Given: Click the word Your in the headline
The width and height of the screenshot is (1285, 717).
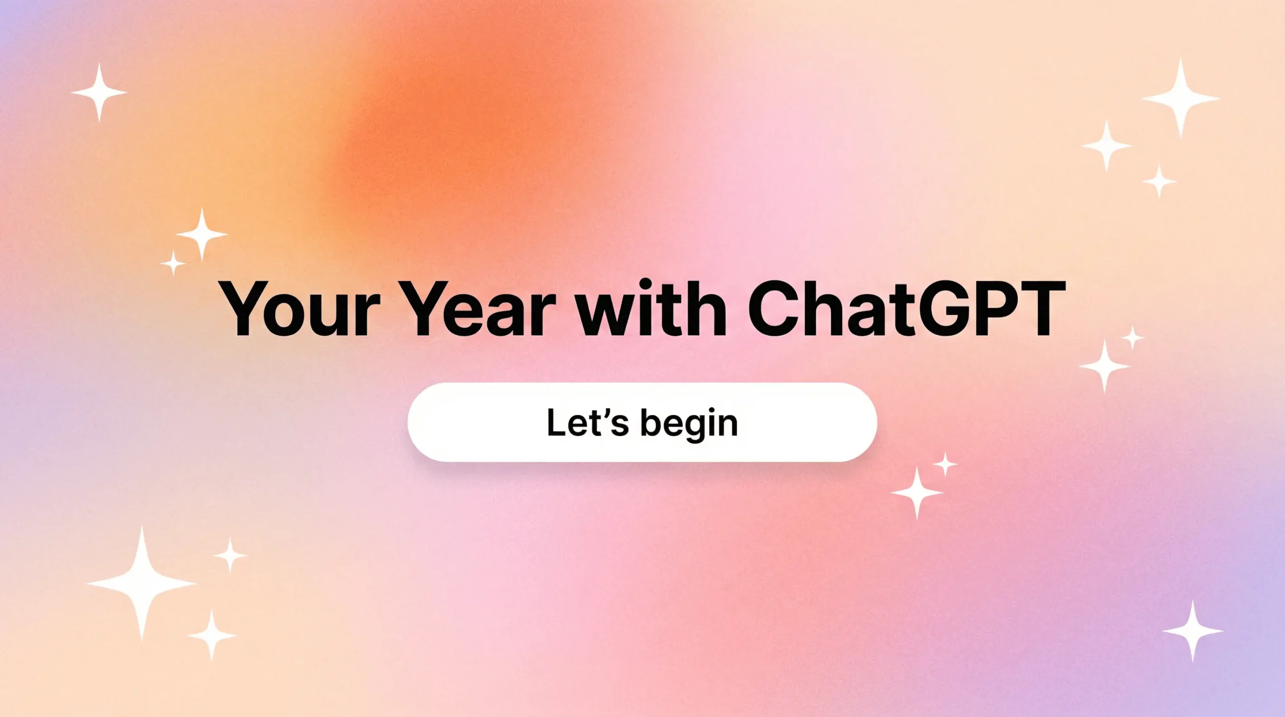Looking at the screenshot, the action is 300,308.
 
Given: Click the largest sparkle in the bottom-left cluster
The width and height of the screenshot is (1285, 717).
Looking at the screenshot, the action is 142,584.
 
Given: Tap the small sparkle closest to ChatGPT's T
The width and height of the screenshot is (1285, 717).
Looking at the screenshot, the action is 1132,338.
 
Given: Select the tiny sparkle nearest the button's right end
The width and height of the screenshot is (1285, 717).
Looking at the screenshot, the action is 945,464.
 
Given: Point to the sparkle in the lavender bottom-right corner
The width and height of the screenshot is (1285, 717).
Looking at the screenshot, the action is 1193,631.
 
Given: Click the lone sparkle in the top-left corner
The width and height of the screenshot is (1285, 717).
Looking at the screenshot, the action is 99,93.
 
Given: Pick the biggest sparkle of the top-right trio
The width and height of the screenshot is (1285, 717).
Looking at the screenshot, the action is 1181,98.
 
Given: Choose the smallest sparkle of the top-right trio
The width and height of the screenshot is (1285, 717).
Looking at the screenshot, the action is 1159,181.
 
